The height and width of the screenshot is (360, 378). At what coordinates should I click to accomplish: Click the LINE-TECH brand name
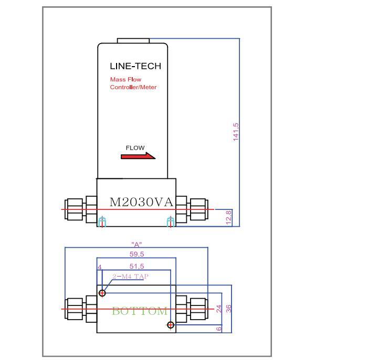point(135,66)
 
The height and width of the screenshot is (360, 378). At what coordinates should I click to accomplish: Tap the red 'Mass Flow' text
point(125,80)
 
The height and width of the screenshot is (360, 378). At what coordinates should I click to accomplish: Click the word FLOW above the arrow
point(135,148)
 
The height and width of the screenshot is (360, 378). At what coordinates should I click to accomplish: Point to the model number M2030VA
point(141,202)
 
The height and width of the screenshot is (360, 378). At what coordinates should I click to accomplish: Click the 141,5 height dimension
point(236,131)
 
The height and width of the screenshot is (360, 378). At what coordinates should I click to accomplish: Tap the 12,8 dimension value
point(228,217)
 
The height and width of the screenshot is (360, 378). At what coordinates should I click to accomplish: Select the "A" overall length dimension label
point(136,245)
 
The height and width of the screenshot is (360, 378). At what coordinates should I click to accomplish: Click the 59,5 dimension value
point(136,254)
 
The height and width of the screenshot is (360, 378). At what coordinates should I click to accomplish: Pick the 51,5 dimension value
point(136,267)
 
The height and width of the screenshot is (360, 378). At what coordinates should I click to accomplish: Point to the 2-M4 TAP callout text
point(130,276)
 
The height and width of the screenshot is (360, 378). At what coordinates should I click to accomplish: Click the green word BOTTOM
point(140,311)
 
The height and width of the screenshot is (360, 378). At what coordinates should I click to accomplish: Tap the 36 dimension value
point(229,309)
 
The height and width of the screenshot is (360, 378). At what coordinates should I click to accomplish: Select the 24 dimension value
point(219,309)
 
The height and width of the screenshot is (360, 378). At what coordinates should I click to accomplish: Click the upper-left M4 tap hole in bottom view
point(102,293)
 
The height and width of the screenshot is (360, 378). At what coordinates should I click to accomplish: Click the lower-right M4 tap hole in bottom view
point(171,325)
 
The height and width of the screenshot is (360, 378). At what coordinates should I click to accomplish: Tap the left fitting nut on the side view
point(74,209)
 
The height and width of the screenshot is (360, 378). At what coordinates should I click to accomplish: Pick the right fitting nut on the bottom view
point(198,309)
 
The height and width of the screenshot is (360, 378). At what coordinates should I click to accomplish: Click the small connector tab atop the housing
point(133,40)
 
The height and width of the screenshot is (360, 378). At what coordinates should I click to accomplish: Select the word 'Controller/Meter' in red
point(133,87)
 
